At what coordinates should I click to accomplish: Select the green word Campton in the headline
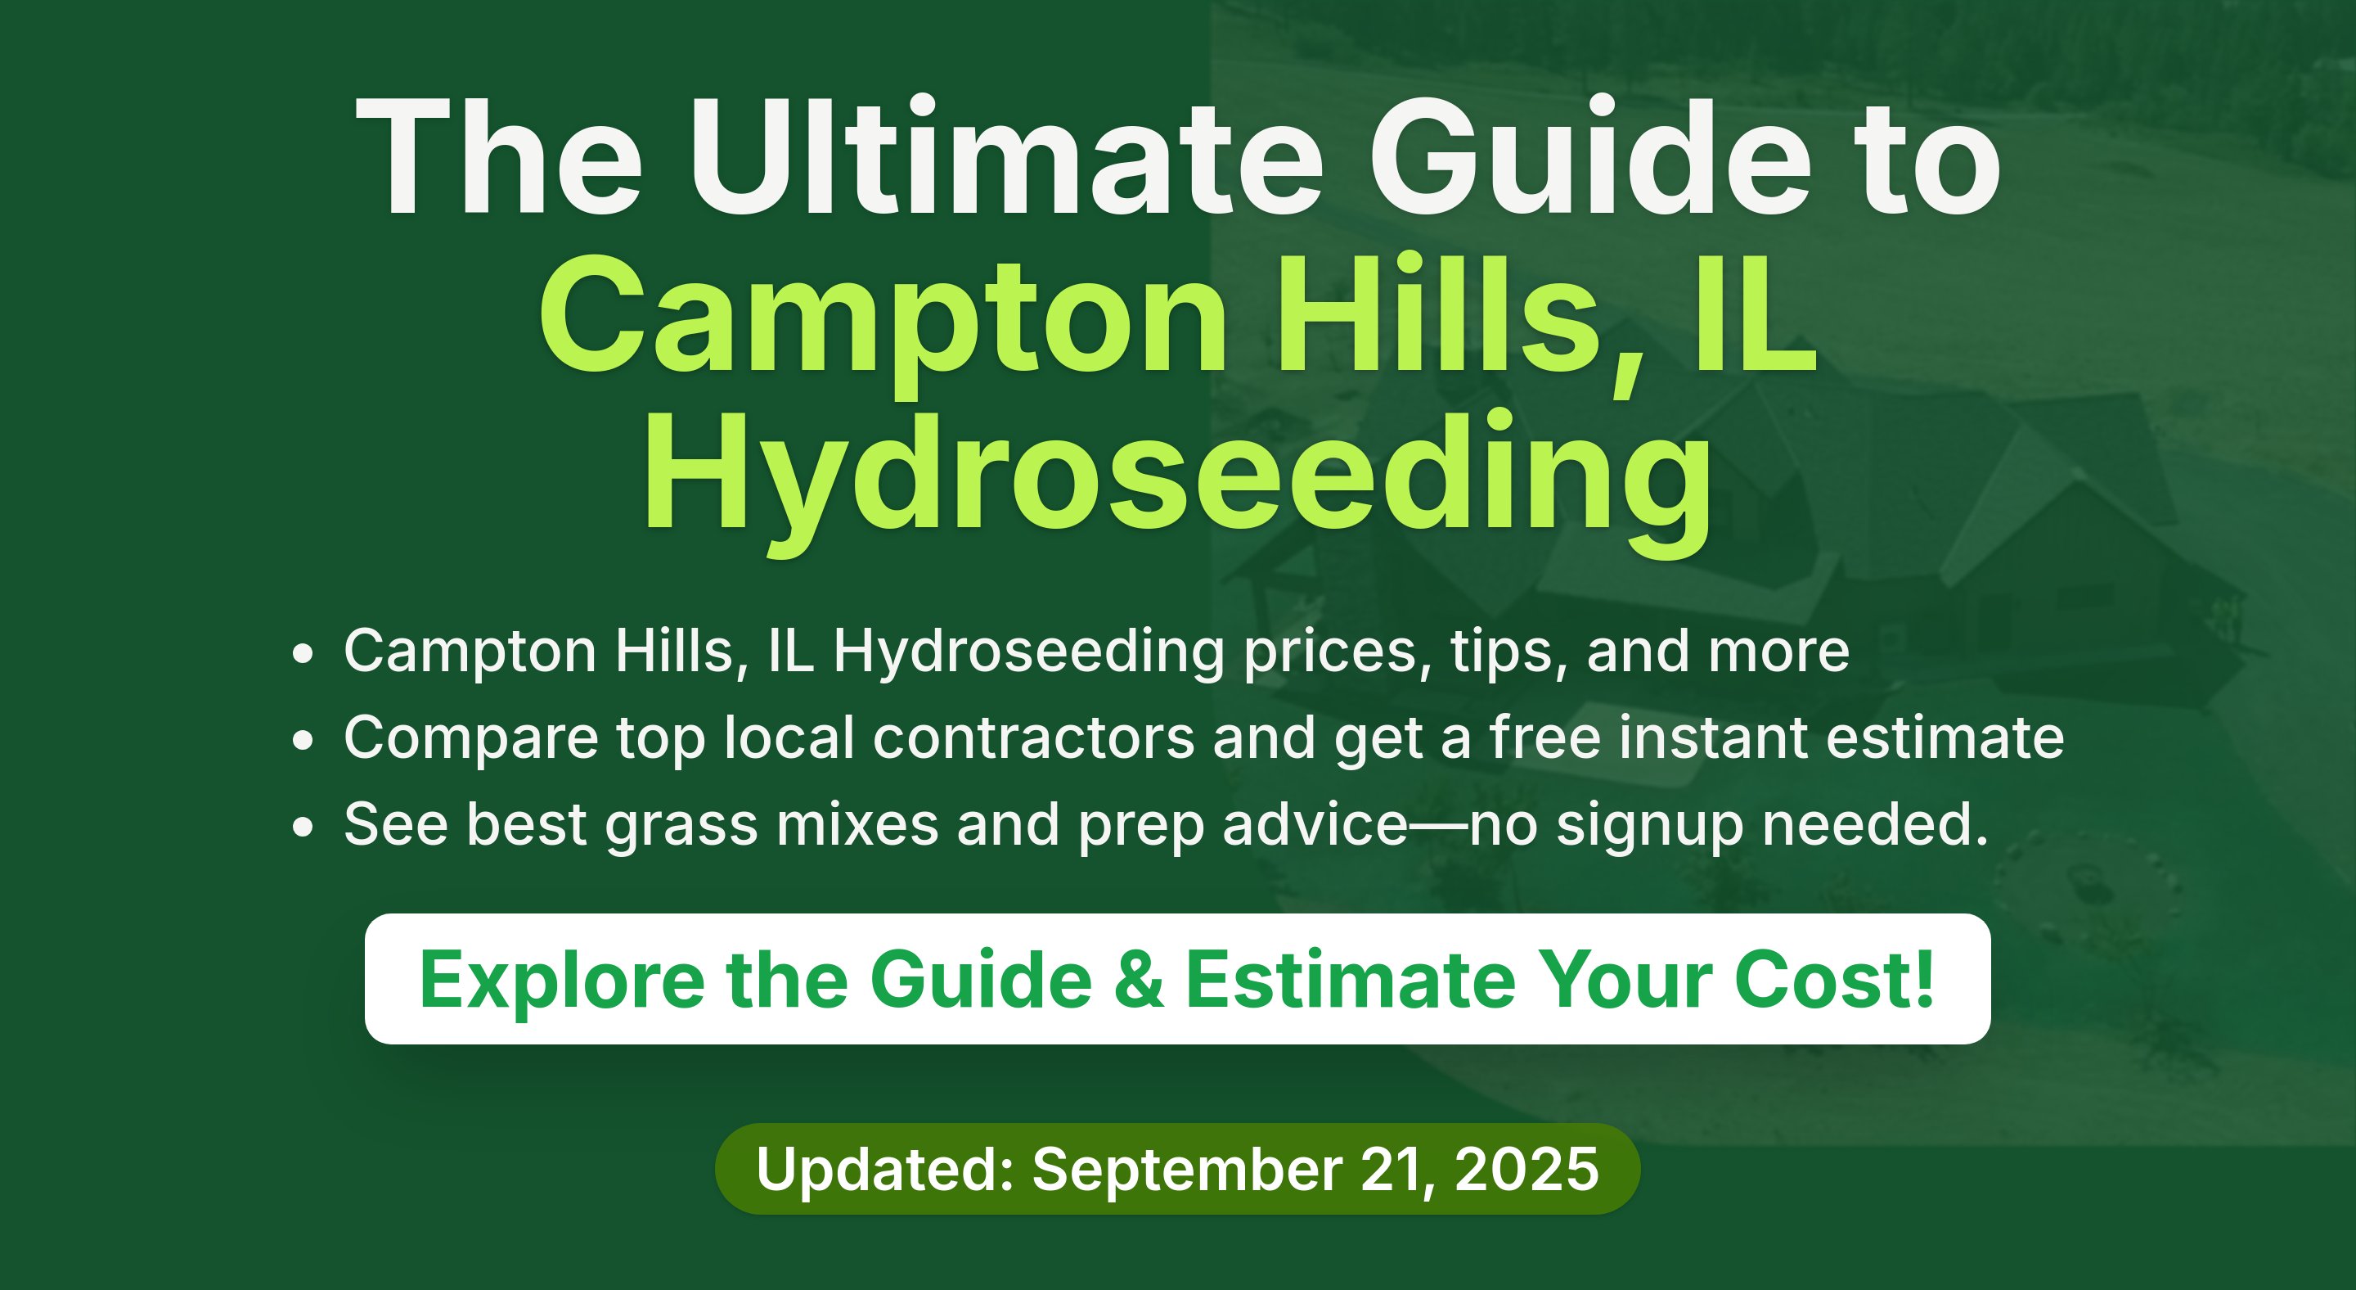pos(883,320)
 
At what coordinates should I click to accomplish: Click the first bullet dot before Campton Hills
pos(303,654)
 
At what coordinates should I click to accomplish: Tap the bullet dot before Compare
pos(303,740)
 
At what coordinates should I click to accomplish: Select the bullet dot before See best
pos(303,827)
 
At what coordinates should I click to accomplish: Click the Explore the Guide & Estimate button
pos(1178,979)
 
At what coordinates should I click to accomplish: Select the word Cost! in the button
pos(1834,980)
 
